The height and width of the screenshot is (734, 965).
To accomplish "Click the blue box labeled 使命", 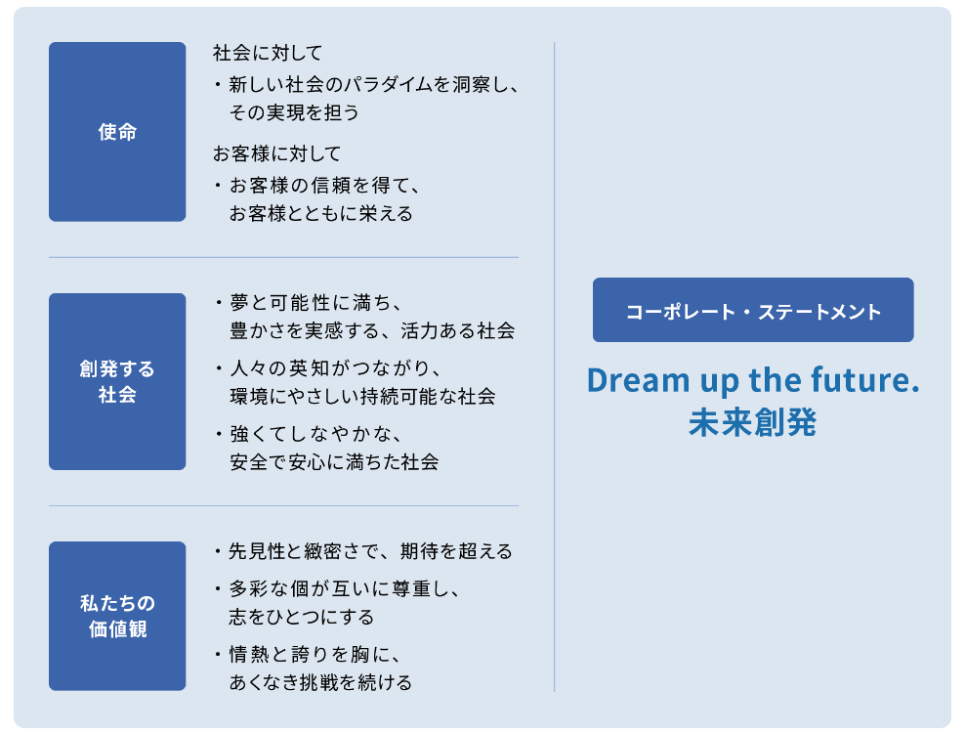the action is tap(117, 132).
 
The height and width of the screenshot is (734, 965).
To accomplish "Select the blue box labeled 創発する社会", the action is tap(117, 382).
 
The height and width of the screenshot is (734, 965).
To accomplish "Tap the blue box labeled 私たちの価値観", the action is tap(117, 616).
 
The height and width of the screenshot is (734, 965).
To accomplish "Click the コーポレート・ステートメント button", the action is tap(753, 310).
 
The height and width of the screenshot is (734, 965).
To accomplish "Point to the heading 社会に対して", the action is tap(268, 53).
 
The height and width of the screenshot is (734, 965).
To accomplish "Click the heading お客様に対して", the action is tap(277, 153).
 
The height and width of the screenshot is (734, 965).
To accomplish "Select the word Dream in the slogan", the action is tap(638, 380).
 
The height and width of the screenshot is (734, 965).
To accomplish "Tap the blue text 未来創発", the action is tap(753, 422).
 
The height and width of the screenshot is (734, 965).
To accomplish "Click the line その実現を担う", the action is tap(294, 112).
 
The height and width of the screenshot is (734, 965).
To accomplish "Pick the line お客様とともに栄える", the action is tap(320, 214).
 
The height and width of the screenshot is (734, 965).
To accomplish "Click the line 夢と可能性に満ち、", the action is tap(316, 303).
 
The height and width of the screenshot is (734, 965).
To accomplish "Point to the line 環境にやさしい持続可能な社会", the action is tap(362, 396).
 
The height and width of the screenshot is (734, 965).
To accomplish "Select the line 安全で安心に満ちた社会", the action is tap(334, 462).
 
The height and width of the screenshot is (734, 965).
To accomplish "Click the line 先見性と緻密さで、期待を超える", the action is tap(370, 551).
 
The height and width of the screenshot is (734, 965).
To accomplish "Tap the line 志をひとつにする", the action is tap(302, 617).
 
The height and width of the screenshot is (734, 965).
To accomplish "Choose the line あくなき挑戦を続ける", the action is tap(320, 682).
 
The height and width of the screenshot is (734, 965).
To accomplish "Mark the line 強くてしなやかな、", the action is tap(316, 434).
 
